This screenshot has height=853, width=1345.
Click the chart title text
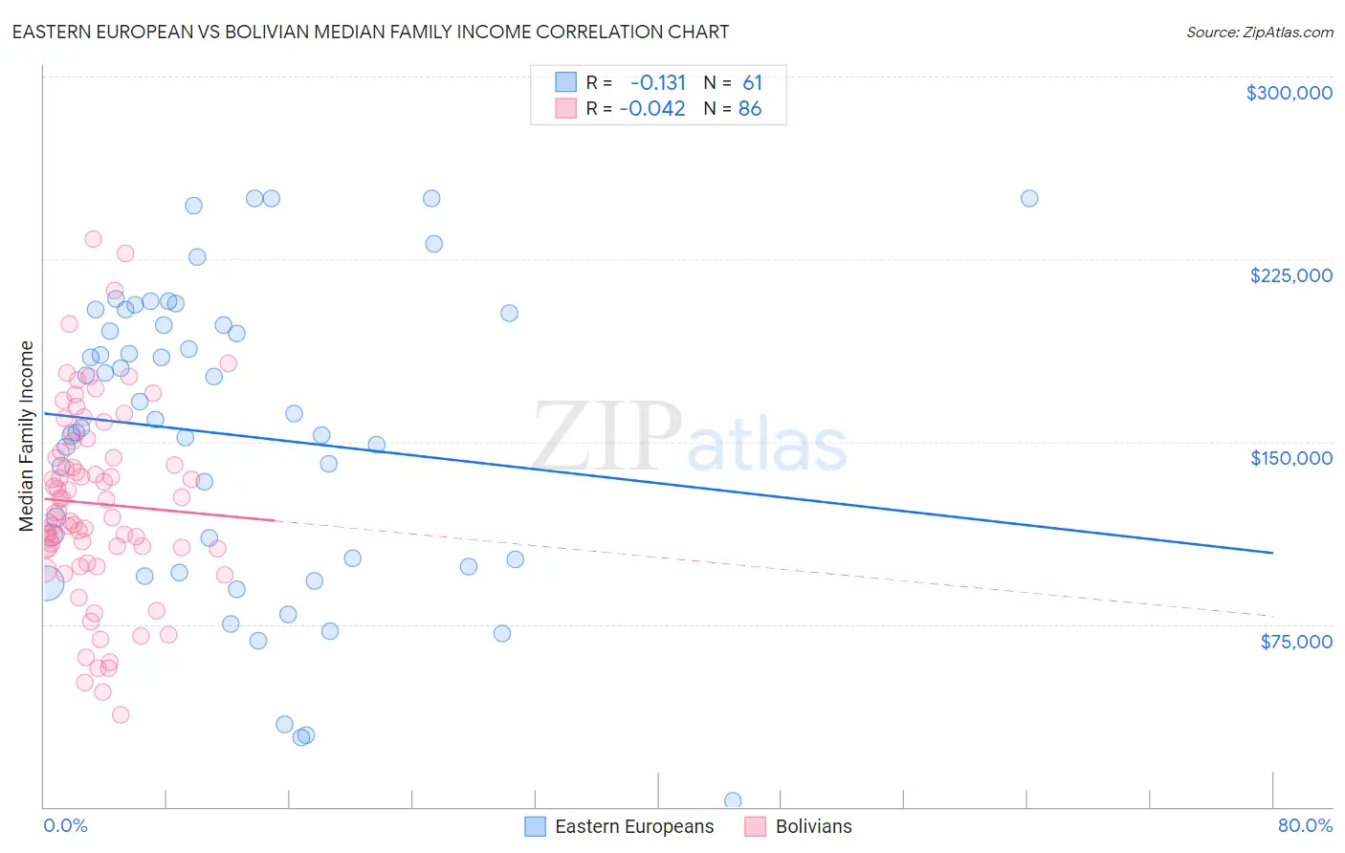[x=370, y=32]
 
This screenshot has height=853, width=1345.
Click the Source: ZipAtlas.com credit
[x=1259, y=32]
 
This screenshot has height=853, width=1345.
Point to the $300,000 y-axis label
[x=1289, y=93]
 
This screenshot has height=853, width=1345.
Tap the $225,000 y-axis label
[x=1290, y=275]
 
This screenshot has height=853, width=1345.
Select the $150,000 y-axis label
[x=1290, y=458]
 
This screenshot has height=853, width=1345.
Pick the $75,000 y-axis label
[x=1295, y=641]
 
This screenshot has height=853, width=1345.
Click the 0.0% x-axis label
[x=65, y=825]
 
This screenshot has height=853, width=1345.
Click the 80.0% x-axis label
[x=1305, y=825]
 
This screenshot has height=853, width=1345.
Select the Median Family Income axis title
[x=27, y=436]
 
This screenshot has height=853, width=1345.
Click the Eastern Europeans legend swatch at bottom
[x=536, y=826]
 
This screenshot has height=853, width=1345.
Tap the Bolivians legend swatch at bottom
[x=756, y=826]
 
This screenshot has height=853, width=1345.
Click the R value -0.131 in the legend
[x=657, y=83]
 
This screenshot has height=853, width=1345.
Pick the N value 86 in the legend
[x=750, y=109]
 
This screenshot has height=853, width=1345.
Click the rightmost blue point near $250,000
[x=1029, y=199]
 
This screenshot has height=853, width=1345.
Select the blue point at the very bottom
[x=733, y=800]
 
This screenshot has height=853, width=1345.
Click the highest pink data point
[x=93, y=239]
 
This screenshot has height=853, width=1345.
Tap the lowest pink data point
[x=121, y=714]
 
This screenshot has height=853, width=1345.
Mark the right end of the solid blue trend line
[x=1272, y=553]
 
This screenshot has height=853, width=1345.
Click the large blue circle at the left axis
[x=45, y=582]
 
